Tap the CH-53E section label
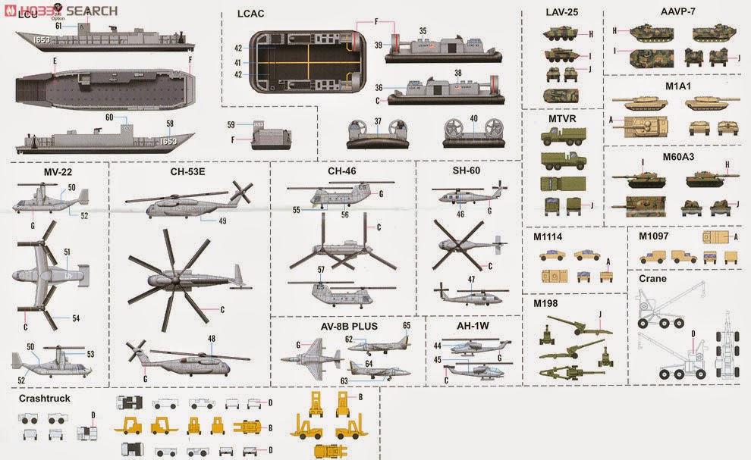[187, 172]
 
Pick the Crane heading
[652, 279]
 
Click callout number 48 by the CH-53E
[211, 339]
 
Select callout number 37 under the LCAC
[378, 120]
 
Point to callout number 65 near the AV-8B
[407, 325]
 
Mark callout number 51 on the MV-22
[68, 252]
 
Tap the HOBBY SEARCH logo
[61, 10]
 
